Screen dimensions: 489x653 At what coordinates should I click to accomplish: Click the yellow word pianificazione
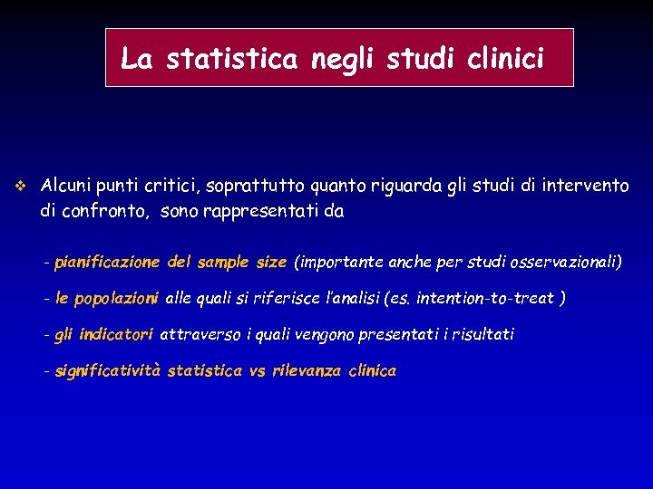106,263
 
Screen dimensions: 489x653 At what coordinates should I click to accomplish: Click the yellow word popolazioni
117,298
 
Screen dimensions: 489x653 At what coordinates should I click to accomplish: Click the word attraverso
200,334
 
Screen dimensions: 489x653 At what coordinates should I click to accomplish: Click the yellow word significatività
108,371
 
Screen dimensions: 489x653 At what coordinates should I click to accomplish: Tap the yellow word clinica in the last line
373,371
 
